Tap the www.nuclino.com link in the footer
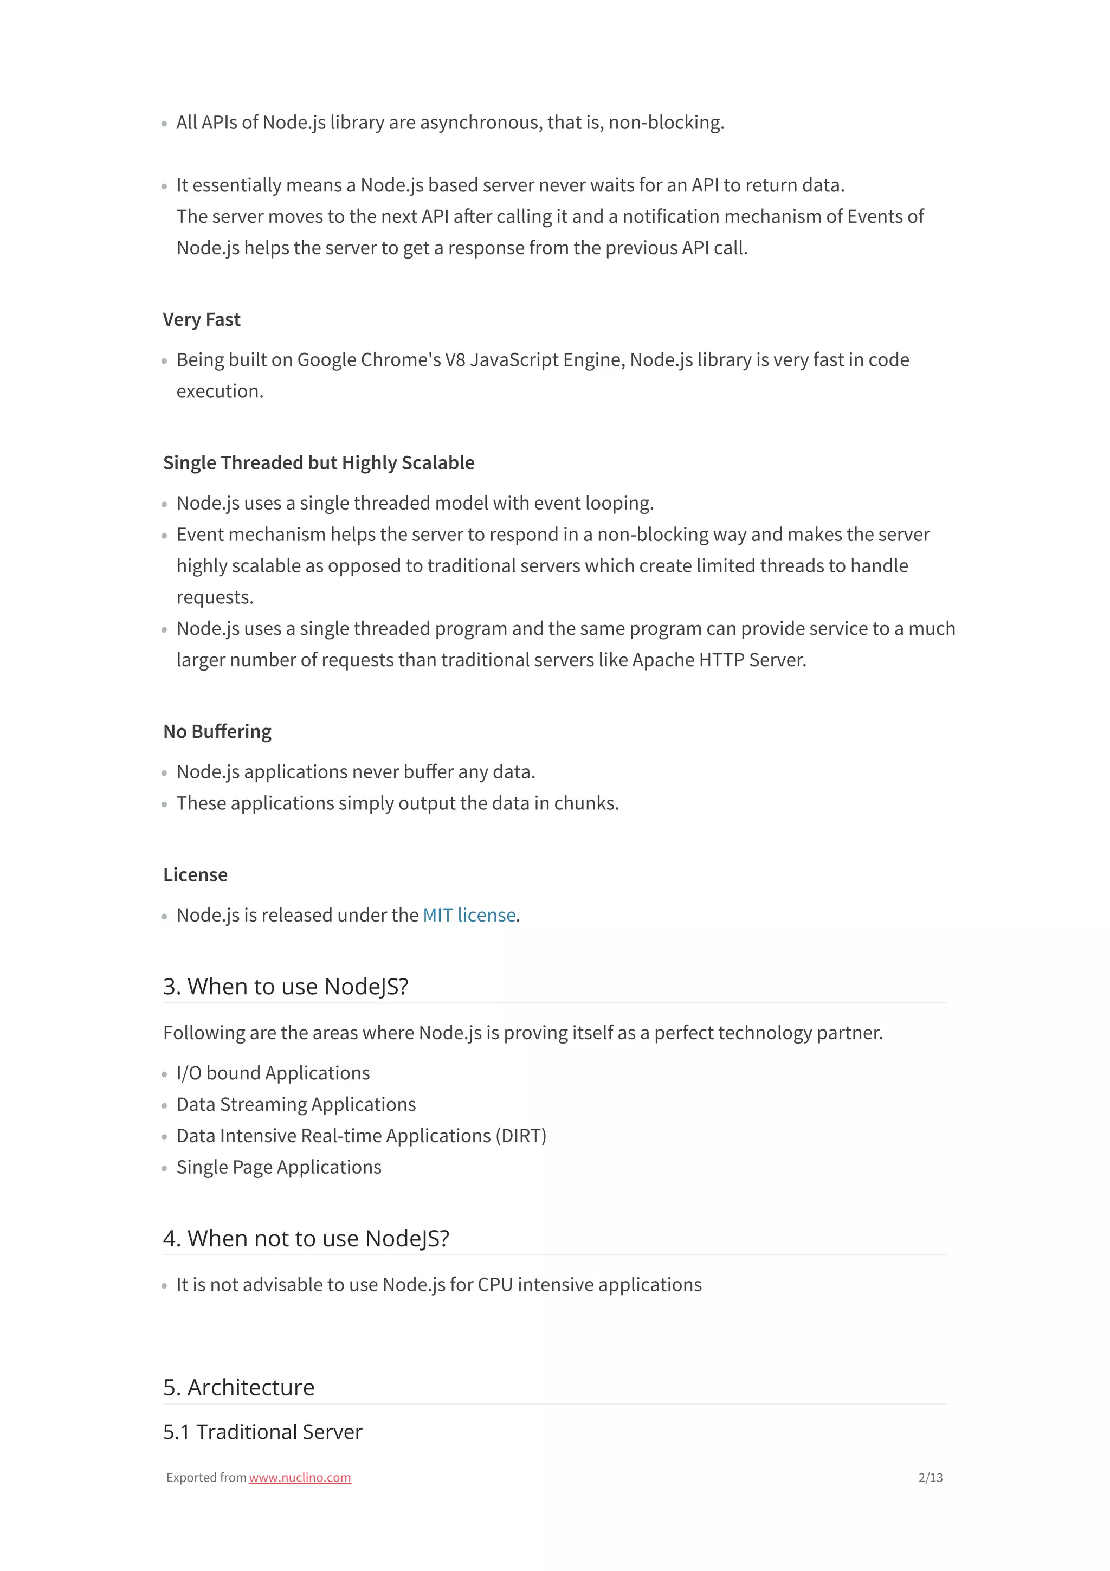point(300,1477)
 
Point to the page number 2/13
point(930,1477)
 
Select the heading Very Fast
point(202,319)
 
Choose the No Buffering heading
point(217,731)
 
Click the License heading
point(195,874)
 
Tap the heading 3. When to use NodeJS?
point(285,987)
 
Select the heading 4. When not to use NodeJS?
point(306,1239)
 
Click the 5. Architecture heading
point(238,1387)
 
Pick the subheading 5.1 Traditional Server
point(263,1432)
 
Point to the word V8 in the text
point(455,360)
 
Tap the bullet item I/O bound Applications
point(273,1073)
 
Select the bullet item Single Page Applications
point(279,1167)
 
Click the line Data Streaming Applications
point(295,1104)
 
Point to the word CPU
point(495,1285)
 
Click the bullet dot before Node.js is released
point(164,917)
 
